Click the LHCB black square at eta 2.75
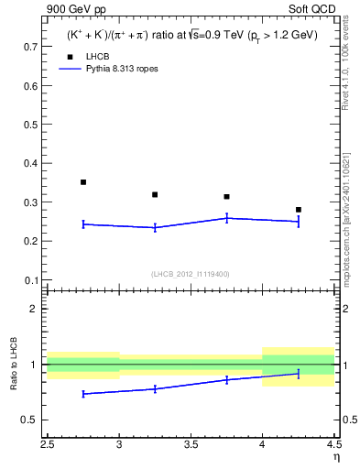[83, 182]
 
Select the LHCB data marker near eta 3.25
[155, 194]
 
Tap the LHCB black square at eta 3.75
[226, 197]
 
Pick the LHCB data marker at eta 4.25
[298, 210]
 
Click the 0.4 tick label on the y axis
[29, 163]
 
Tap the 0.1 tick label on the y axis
[29, 280]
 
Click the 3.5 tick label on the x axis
[191, 443]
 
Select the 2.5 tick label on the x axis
[48, 443]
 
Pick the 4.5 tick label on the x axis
[333, 443]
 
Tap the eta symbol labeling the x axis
[336, 455]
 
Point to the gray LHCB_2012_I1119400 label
[191, 274]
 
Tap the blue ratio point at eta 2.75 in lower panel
[83, 394]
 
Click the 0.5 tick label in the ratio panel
[29, 420]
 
